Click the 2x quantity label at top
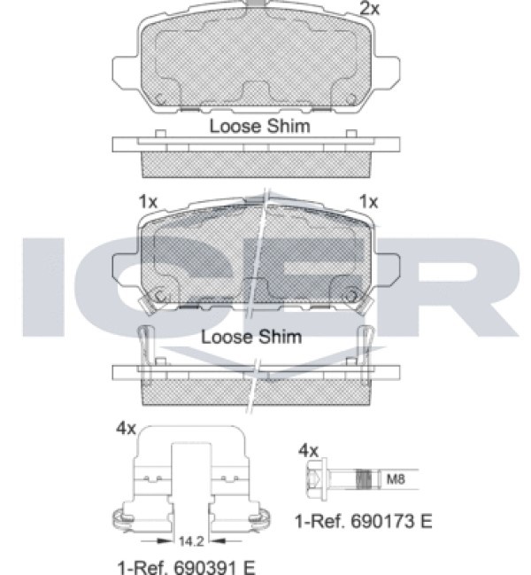click(x=370, y=9)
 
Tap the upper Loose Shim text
click(x=259, y=126)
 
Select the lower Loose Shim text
click(x=251, y=337)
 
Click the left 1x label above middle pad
click(x=148, y=202)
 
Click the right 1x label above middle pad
click(x=368, y=202)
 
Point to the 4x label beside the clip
click(x=126, y=428)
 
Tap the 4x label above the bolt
click(x=308, y=450)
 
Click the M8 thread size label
click(x=396, y=479)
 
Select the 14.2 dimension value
click(x=191, y=541)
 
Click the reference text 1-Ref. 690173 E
click(x=364, y=521)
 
